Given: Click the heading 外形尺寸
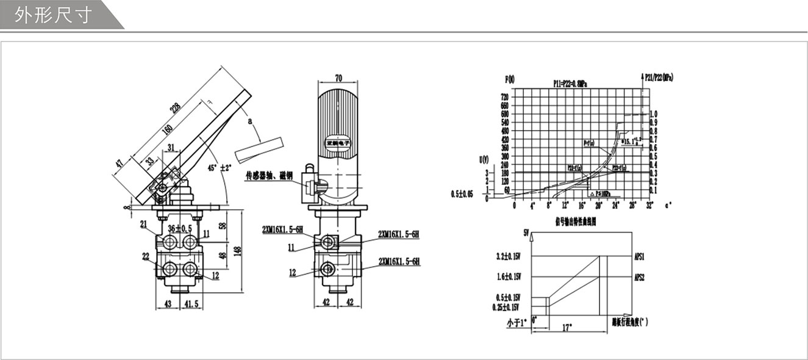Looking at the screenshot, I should [x=53, y=15].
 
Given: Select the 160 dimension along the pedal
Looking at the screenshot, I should [x=168, y=131].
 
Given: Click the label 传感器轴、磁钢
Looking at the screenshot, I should [x=269, y=176].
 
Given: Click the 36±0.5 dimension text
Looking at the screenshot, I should [x=179, y=228].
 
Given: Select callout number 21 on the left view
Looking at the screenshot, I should [x=144, y=225].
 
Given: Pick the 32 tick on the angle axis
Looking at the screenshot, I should [x=649, y=205].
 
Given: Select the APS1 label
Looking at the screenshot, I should [x=640, y=256].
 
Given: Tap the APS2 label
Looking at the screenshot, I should [x=640, y=276].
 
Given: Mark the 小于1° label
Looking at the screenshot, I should [x=515, y=323].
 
